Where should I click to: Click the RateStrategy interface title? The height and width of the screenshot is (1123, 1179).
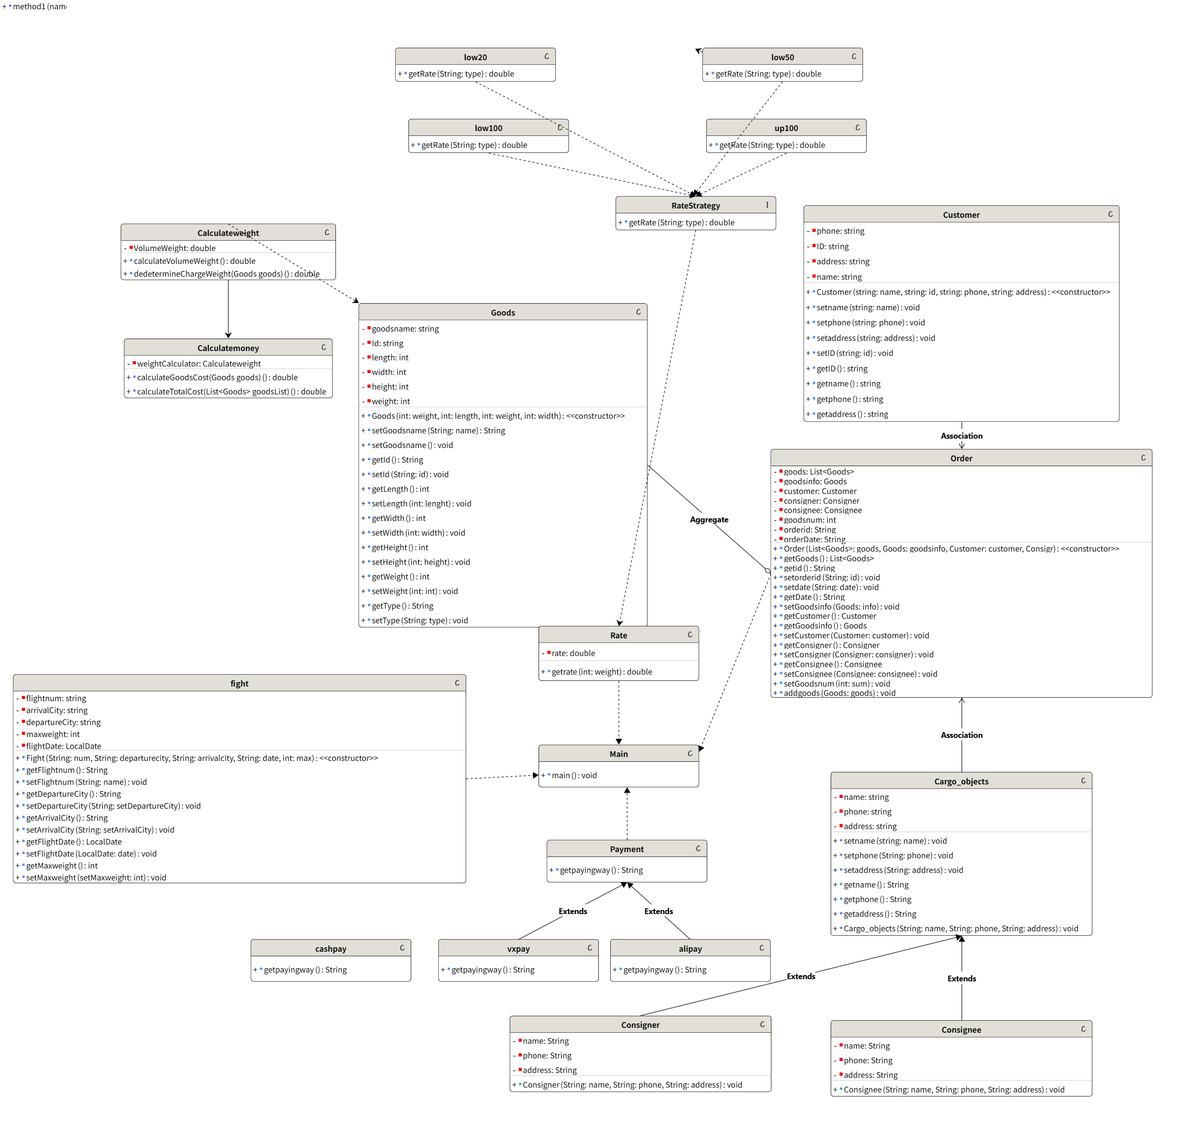click(x=695, y=205)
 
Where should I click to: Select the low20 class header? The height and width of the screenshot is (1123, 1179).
click(x=475, y=57)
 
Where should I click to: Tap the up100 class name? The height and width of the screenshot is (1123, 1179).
click(x=786, y=128)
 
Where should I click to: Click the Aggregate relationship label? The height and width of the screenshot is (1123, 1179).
click(x=709, y=520)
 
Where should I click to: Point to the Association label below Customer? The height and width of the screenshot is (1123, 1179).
click(x=961, y=436)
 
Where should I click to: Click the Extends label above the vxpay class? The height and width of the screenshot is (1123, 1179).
click(x=573, y=911)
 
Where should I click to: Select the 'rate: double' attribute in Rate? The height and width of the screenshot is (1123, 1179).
click(x=573, y=653)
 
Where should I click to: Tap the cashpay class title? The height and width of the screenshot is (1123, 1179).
click(x=330, y=949)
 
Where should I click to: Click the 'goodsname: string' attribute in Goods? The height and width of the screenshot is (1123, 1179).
click(x=405, y=328)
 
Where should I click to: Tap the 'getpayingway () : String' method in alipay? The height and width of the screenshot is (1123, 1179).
click(x=664, y=970)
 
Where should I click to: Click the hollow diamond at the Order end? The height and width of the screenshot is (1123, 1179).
click(x=767, y=571)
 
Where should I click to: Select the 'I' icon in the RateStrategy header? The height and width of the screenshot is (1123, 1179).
click(x=767, y=205)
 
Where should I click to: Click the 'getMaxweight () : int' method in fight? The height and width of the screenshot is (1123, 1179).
click(x=62, y=865)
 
